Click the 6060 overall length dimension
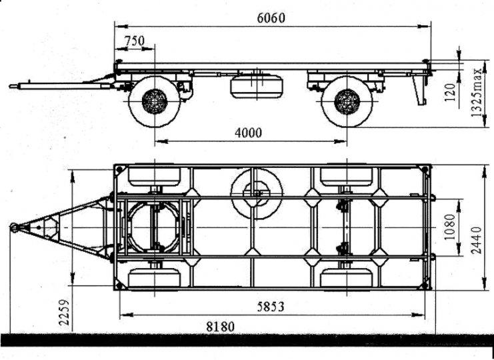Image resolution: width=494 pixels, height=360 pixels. click(x=271, y=18)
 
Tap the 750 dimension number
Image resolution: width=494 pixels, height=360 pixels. click(x=134, y=41)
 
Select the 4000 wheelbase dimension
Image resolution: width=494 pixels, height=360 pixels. click(x=248, y=133)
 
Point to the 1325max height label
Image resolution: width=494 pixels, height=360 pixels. click(x=477, y=92)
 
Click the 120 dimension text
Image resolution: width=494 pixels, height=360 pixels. click(x=451, y=91)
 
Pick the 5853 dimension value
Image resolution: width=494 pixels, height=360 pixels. click(x=271, y=307)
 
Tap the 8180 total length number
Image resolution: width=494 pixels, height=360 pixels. click(x=220, y=327)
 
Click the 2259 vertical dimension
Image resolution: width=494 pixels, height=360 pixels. click(x=64, y=312)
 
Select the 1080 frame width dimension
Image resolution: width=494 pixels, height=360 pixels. click(x=451, y=227)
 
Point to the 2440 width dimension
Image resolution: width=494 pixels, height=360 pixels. click(x=477, y=240)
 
